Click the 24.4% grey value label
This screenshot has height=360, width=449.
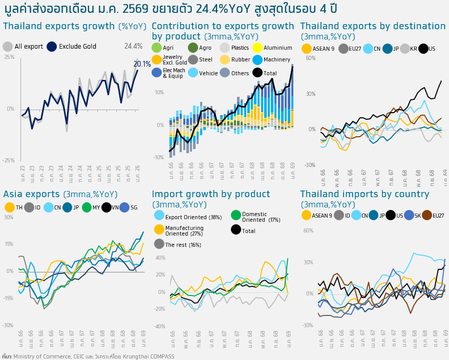133,47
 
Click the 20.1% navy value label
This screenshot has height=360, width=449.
142,65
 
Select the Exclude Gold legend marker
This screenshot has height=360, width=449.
52,47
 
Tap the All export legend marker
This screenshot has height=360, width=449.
8,47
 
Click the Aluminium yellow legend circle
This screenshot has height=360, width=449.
258,48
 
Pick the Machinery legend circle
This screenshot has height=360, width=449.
258,60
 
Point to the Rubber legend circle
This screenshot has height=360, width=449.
225,60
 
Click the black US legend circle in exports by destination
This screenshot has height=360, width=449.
423,49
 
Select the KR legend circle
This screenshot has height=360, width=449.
405,49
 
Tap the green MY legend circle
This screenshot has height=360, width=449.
87,207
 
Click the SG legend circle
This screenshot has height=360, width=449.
124,207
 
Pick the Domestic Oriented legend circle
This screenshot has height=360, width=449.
236,216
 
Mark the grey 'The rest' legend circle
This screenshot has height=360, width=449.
159,244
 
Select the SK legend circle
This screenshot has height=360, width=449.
409,215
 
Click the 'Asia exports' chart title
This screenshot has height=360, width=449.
31,194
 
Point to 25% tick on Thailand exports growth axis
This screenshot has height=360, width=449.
9,57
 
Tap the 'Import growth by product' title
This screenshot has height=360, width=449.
211,194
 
